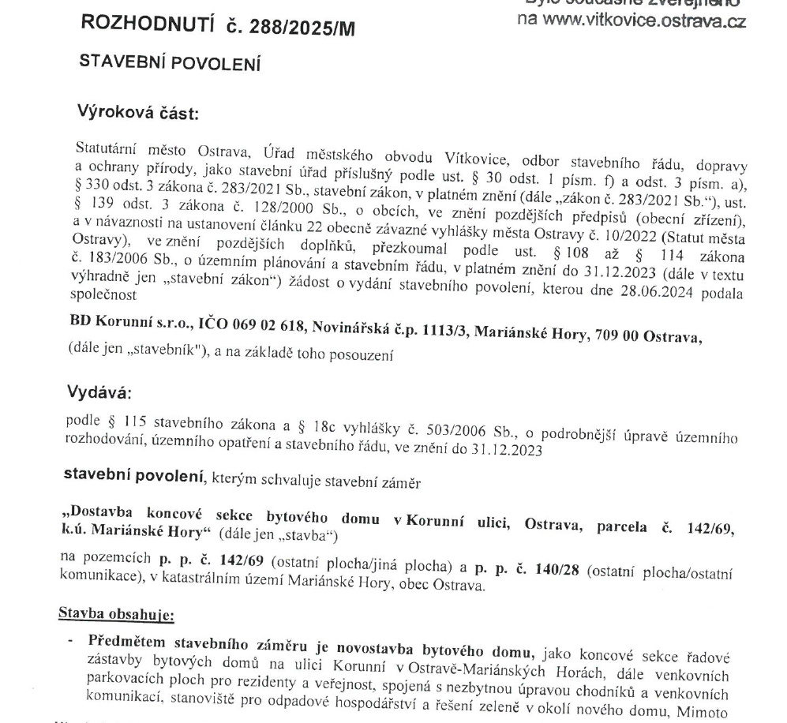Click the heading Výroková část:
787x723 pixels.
(x=139, y=113)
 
